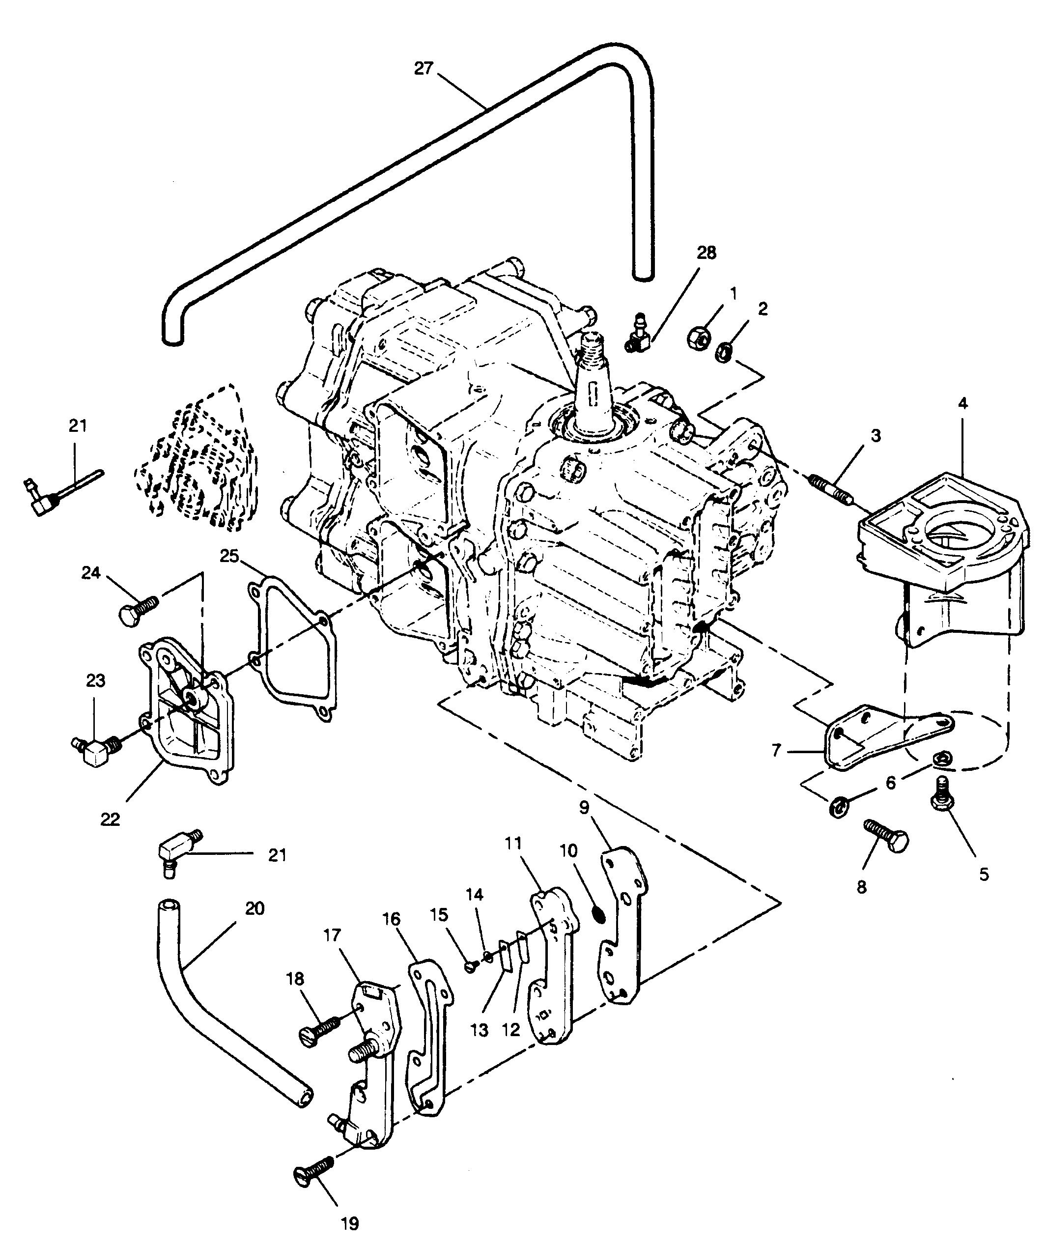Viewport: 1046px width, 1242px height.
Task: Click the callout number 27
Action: (x=424, y=69)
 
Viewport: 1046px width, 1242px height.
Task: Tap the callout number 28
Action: (x=706, y=253)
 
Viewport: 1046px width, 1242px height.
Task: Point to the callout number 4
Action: (x=962, y=404)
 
